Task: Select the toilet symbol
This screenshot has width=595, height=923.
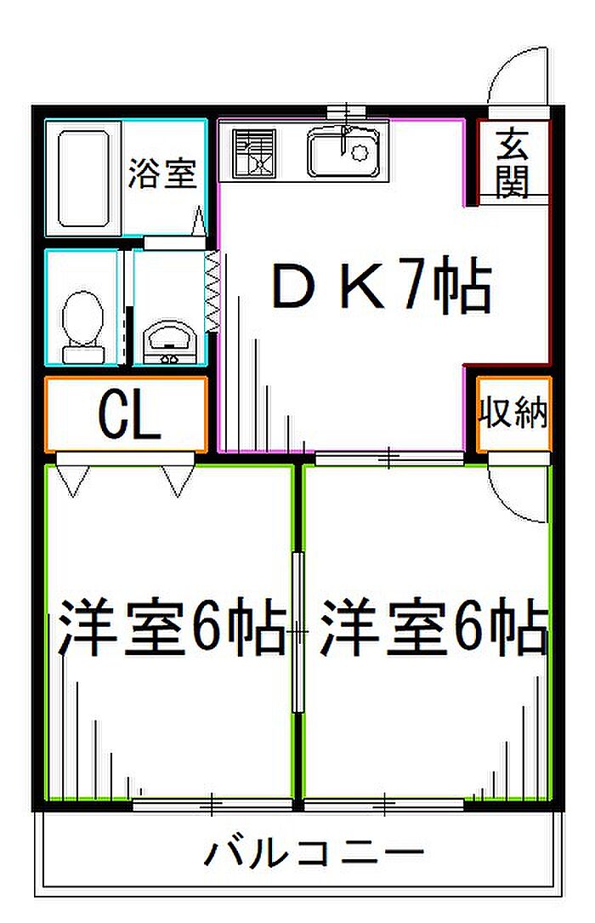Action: (x=83, y=328)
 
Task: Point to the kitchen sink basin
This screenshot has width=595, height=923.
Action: (x=343, y=153)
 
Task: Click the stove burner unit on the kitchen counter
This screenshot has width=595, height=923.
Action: (x=255, y=153)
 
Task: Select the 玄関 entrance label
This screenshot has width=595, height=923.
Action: (x=513, y=162)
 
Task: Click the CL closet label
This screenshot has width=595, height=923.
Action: (x=129, y=416)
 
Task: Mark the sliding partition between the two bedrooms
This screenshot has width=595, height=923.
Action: (x=298, y=632)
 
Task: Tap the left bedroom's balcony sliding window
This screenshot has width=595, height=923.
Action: (x=212, y=804)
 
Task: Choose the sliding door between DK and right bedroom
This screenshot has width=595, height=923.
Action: (x=388, y=457)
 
